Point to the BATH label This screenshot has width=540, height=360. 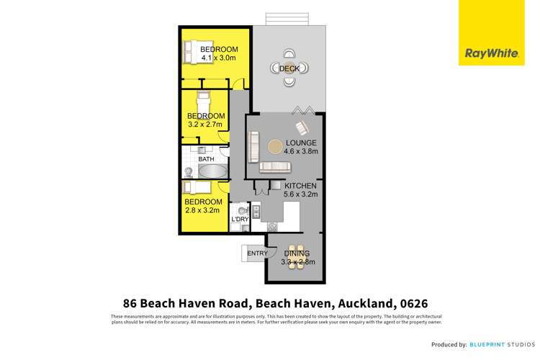(196, 159)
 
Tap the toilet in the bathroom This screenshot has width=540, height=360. (188, 172)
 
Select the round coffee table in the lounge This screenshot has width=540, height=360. (276, 147)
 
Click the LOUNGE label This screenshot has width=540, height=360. (300, 143)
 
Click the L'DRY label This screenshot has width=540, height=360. (239, 220)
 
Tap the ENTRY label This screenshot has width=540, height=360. (257, 253)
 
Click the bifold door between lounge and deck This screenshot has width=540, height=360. (302, 110)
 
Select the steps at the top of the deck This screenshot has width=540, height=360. (288, 18)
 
